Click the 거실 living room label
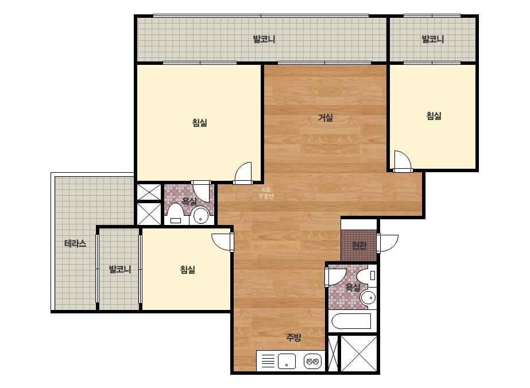click(326, 118)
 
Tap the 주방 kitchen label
click(293, 337)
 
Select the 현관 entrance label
click(359, 245)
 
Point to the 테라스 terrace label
click(75, 243)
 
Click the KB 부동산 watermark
click(266, 193)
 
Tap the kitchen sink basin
click(287, 362)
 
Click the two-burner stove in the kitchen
click(312, 362)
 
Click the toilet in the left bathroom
click(176, 214)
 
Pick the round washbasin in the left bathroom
click(201, 215)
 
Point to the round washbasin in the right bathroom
click(367, 298)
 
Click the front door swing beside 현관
click(388, 243)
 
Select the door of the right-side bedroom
click(402, 161)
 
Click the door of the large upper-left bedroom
click(243, 173)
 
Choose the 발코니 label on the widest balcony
click(264, 39)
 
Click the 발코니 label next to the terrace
click(119, 269)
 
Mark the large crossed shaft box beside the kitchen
click(359, 353)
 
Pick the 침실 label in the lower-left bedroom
click(187, 270)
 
